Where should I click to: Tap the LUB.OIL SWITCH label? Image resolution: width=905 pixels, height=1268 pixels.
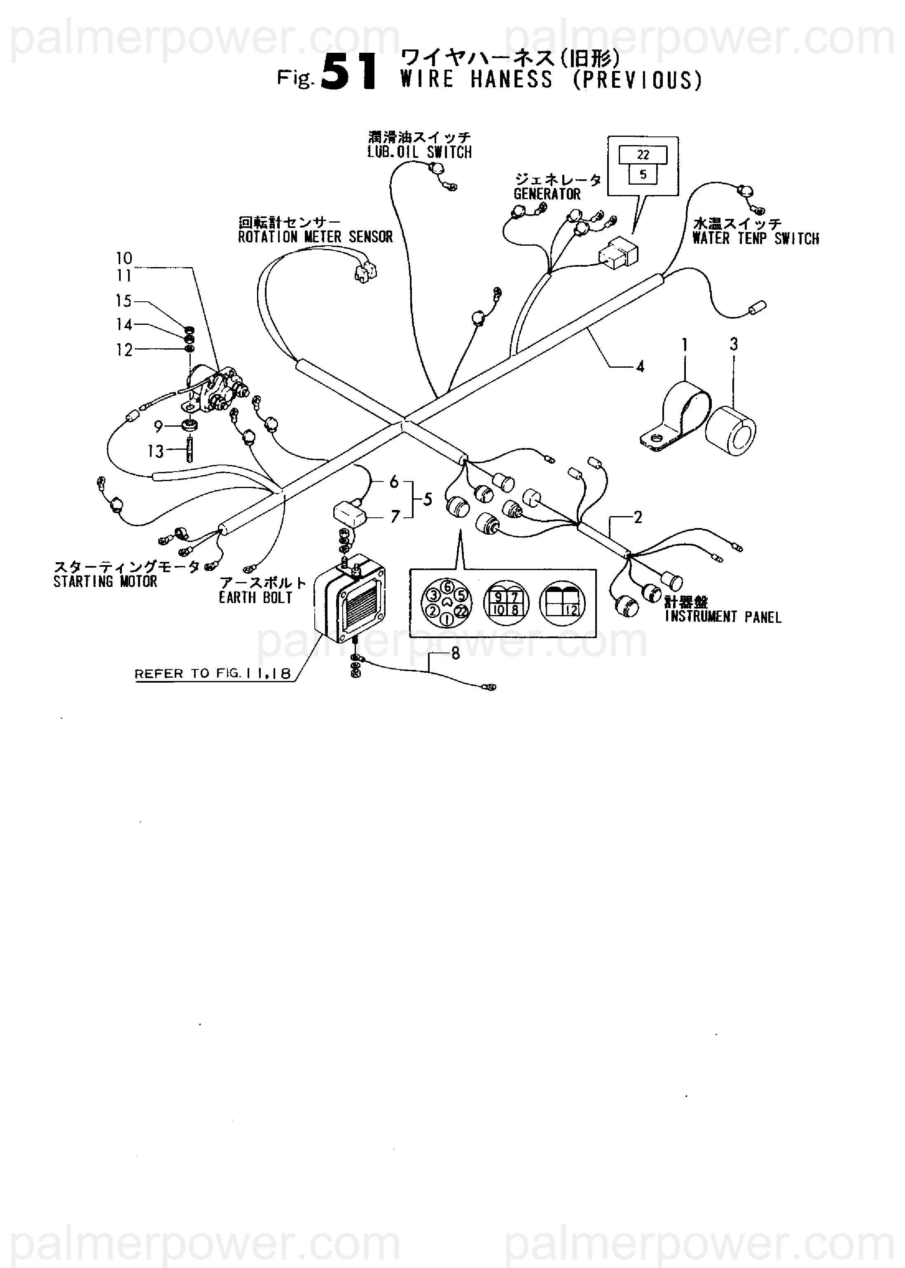point(419,152)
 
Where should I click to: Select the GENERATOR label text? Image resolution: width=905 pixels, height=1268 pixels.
point(547,194)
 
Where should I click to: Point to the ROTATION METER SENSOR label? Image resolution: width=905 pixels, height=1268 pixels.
point(316,237)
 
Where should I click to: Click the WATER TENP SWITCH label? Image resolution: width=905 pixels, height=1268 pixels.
point(755,239)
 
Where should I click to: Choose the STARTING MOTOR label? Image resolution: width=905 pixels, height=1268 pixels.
point(105,582)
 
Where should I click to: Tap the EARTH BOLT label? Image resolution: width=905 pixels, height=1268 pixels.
point(255,598)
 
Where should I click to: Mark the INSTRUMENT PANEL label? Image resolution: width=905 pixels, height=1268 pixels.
point(723,617)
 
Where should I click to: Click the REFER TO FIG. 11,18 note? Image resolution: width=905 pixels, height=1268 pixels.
point(212,674)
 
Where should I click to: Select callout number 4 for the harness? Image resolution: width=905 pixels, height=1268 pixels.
point(640,366)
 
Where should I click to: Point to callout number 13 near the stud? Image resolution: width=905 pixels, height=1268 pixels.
point(155,451)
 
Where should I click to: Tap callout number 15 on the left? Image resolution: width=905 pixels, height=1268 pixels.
point(123,301)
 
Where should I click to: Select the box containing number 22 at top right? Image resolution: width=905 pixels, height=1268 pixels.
point(643,155)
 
